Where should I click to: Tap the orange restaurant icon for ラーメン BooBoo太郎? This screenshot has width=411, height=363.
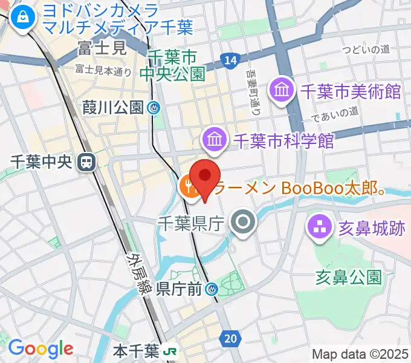(x=189, y=187)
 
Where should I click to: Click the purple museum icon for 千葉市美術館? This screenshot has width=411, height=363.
(x=282, y=91)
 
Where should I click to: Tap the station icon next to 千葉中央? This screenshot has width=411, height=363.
(x=87, y=162)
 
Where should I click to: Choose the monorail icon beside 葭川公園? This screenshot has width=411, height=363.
(x=155, y=108)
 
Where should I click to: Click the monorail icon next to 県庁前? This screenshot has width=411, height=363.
(x=211, y=289)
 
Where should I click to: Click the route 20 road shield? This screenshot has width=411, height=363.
(x=229, y=339)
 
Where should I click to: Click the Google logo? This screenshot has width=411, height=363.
(x=40, y=348)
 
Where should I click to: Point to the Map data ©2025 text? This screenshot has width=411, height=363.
(x=360, y=354)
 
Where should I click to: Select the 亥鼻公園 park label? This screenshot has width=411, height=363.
(x=349, y=278)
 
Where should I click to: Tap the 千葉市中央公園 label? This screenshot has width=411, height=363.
(x=172, y=65)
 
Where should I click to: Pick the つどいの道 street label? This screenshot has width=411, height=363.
(x=365, y=50)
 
